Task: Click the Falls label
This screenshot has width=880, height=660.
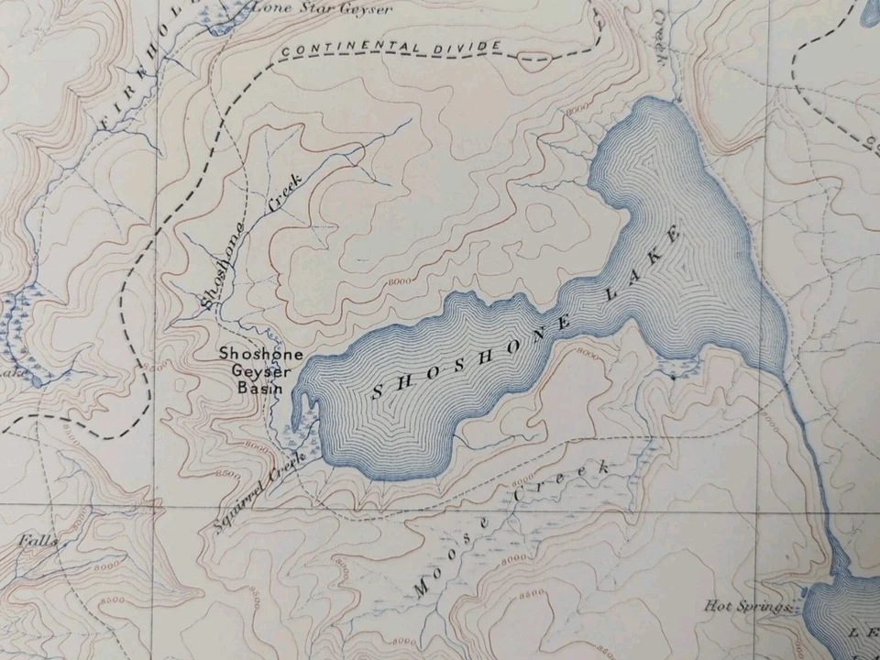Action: click(x=37, y=541)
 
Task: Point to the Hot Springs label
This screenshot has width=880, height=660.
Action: click(x=747, y=606)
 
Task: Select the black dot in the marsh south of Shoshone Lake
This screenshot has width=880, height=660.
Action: click(x=674, y=376)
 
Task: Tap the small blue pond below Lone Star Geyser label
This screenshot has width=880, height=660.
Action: click(x=220, y=26)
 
